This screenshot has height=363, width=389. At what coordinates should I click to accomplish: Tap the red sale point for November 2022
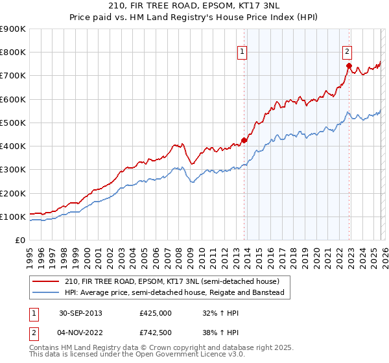click(349, 65)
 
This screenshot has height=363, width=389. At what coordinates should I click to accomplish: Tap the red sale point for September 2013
click(244, 140)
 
